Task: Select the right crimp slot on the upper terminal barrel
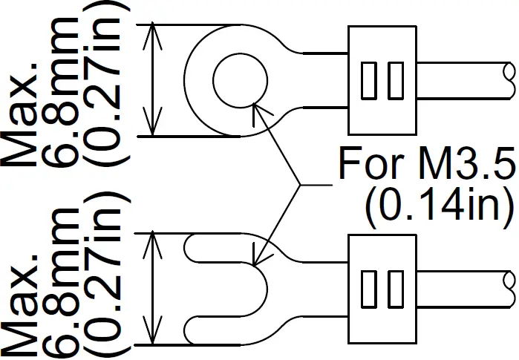pos(396,80)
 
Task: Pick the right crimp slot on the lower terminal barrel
pos(396,289)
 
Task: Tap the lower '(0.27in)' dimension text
pos(108,275)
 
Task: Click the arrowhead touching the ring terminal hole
pos(258,108)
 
